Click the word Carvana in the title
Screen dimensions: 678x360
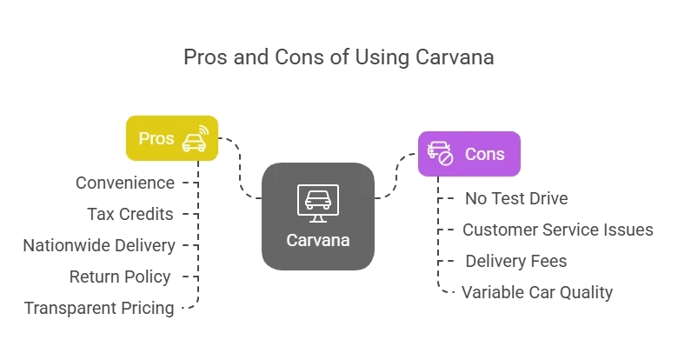(455, 57)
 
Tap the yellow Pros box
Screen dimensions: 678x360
(172, 138)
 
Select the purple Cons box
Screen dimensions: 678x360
(469, 154)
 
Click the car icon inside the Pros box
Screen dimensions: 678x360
(196, 138)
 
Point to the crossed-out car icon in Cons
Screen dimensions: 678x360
(440, 153)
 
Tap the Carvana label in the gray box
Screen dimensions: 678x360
(318, 240)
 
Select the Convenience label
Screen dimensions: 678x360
(125, 183)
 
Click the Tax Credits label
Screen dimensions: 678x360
(130, 214)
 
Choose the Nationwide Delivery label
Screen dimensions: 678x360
(99, 245)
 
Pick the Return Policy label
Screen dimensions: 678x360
(120, 277)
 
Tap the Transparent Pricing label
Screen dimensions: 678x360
(99, 308)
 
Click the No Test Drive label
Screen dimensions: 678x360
(516, 198)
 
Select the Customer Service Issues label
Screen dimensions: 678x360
(558, 230)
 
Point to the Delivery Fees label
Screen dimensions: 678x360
(515, 261)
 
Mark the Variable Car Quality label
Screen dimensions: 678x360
(537, 292)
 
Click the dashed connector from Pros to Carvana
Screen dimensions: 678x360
(240, 169)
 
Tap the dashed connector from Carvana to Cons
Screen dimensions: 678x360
(396, 176)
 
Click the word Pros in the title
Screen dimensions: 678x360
(205, 57)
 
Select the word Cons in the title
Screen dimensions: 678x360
(299, 57)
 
